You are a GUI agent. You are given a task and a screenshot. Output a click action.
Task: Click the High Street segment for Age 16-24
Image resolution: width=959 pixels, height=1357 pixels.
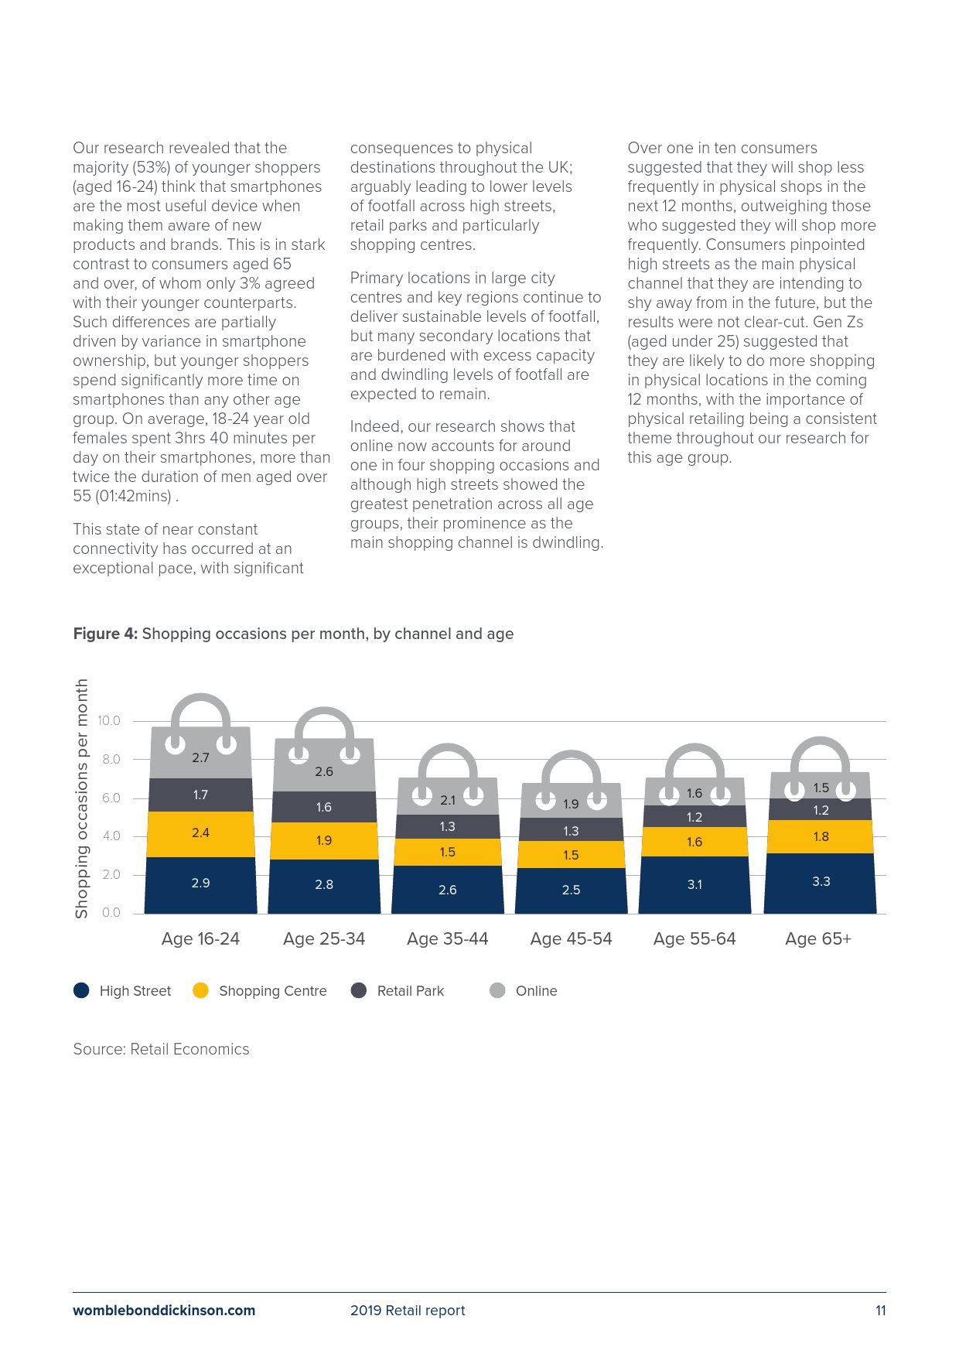click(x=200, y=884)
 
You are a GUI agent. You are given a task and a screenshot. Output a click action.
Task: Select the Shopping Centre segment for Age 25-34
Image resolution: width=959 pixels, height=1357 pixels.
click(x=324, y=840)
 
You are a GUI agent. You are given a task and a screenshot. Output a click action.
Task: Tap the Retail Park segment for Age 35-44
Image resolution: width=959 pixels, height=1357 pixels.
click(x=448, y=826)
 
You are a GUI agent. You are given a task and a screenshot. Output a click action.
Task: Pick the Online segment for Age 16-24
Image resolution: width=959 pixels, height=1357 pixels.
click(x=200, y=758)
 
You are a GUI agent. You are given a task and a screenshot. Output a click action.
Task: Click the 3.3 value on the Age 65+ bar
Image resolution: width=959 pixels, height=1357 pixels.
click(x=821, y=881)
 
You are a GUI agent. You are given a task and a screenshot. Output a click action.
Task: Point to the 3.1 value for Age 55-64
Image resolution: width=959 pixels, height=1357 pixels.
click(x=695, y=884)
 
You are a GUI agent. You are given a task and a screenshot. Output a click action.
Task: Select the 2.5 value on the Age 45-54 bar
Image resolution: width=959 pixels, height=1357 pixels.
click(x=571, y=890)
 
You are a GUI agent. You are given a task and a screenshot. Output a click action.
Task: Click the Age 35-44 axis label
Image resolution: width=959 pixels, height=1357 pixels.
click(x=447, y=938)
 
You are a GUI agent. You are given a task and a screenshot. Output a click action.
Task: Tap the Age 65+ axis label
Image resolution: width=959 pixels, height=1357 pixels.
click(x=817, y=938)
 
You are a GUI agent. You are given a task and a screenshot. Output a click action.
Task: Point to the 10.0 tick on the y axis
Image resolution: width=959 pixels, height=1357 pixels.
click(x=109, y=721)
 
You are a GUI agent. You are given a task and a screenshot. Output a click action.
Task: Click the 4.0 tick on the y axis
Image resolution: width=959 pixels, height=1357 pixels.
click(x=111, y=836)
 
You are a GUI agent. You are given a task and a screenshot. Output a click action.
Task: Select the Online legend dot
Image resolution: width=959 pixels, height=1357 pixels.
click(x=498, y=991)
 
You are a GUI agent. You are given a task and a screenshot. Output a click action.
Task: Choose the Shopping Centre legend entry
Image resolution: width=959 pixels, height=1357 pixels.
click(x=272, y=991)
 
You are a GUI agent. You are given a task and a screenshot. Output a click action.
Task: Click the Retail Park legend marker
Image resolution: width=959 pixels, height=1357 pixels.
click(x=359, y=991)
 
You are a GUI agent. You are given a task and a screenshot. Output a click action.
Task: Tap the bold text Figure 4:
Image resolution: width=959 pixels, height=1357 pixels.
click(x=105, y=634)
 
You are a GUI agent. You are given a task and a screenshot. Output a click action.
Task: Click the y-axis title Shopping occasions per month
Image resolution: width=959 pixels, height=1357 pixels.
click(x=81, y=798)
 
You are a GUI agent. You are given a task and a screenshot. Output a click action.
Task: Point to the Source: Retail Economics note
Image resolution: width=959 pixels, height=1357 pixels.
click(x=161, y=1049)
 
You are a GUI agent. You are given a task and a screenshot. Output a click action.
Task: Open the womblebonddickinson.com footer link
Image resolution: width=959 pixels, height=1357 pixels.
click(x=164, y=1311)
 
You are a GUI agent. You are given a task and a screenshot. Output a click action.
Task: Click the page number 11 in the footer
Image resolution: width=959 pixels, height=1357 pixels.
click(x=880, y=1311)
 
